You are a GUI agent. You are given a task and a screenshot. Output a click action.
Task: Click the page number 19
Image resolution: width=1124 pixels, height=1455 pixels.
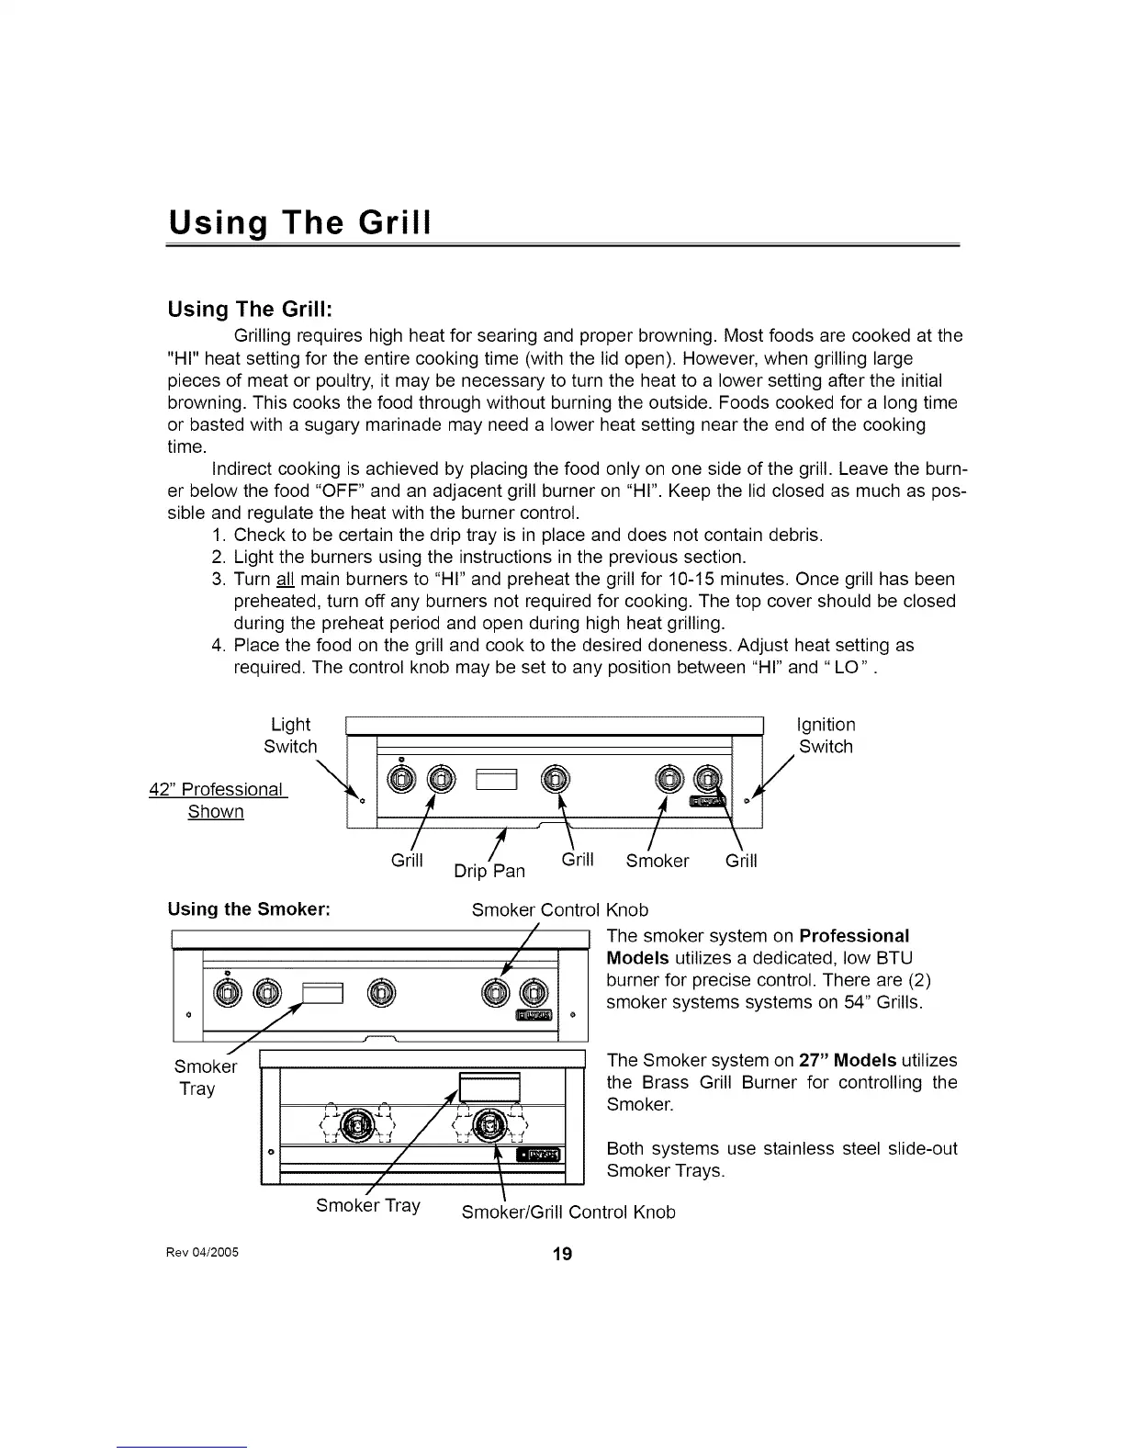coord(562,1255)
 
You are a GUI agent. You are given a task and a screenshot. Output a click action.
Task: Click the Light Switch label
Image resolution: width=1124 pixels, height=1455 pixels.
coord(290,735)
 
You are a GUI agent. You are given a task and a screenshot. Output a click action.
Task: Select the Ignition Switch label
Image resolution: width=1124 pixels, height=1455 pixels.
coord(826,735)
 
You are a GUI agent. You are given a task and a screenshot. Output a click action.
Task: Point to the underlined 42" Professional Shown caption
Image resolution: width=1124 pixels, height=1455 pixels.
coord(217,800)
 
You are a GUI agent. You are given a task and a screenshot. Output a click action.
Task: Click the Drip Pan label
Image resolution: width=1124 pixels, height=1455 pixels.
coord(489,870)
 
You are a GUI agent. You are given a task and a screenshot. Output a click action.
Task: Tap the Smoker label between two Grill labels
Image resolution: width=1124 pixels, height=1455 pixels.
coord(657,861)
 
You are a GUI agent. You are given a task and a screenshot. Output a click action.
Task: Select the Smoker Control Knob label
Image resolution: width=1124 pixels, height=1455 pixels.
coord(559,909)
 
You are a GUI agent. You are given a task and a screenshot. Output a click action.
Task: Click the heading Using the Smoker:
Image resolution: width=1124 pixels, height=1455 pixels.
coord(249,909)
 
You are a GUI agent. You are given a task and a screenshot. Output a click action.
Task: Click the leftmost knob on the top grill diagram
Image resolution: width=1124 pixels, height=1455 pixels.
coord(402,780)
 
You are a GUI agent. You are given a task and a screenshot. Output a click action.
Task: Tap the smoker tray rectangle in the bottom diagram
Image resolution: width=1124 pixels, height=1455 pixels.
coord(489,1088)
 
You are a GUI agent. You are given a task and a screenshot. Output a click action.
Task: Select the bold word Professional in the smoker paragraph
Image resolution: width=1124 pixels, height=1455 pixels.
coord(854,935)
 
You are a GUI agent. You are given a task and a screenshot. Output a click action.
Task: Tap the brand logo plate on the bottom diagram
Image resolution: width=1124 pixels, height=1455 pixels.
coord(543,1154)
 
